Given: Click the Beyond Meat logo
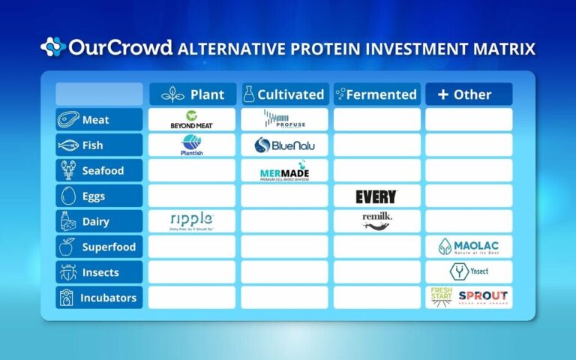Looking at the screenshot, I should [x=192, y=119].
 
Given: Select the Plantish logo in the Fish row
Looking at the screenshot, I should [x=192, y=145].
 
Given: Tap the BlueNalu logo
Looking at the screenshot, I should [x=284, y=145].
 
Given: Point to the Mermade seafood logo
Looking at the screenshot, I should [x=284, y=171].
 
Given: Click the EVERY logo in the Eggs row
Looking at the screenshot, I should [x=376, y=196].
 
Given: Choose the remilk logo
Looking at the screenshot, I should [x=376, y=220].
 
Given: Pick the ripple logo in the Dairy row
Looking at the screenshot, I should [x=192, y=220].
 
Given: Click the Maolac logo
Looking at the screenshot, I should [x=469, y=246].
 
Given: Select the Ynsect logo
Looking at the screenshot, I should [x=469, y=271].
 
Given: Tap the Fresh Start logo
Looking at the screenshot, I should [x=441, y=297].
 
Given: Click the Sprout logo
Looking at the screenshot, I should [x=482, y=297].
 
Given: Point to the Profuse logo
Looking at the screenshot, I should [x=284, y=119].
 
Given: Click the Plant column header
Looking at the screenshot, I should [x=192, y=94].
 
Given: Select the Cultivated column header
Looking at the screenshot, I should [x=284, y=94].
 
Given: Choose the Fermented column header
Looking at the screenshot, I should [x=376, y=94].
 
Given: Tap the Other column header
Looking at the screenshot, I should [x=469, y=94].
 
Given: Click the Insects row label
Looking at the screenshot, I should [x=99, y=272].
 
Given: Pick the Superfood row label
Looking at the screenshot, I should [x=99, y=247].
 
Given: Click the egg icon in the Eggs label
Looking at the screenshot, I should [x=67, y=196].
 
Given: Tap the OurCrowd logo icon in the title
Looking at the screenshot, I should [x=52, y=48].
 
